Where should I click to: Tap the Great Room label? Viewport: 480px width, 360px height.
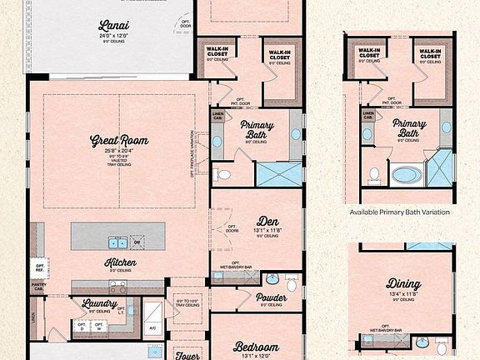coord(119,141)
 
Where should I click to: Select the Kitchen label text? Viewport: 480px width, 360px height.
coord(121,262)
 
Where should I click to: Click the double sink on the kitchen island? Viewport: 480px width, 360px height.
coord(116,242)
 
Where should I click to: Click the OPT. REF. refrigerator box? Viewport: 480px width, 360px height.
coord(39,268)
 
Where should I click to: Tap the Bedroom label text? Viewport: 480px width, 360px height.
coord(256,347)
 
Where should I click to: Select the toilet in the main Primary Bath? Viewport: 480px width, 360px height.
coord(222,175)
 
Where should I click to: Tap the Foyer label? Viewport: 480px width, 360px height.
coord(188,353)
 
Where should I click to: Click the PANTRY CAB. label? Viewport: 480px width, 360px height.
coord(38,287)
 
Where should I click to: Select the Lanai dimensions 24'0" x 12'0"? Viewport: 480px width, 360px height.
coord(114,36)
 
